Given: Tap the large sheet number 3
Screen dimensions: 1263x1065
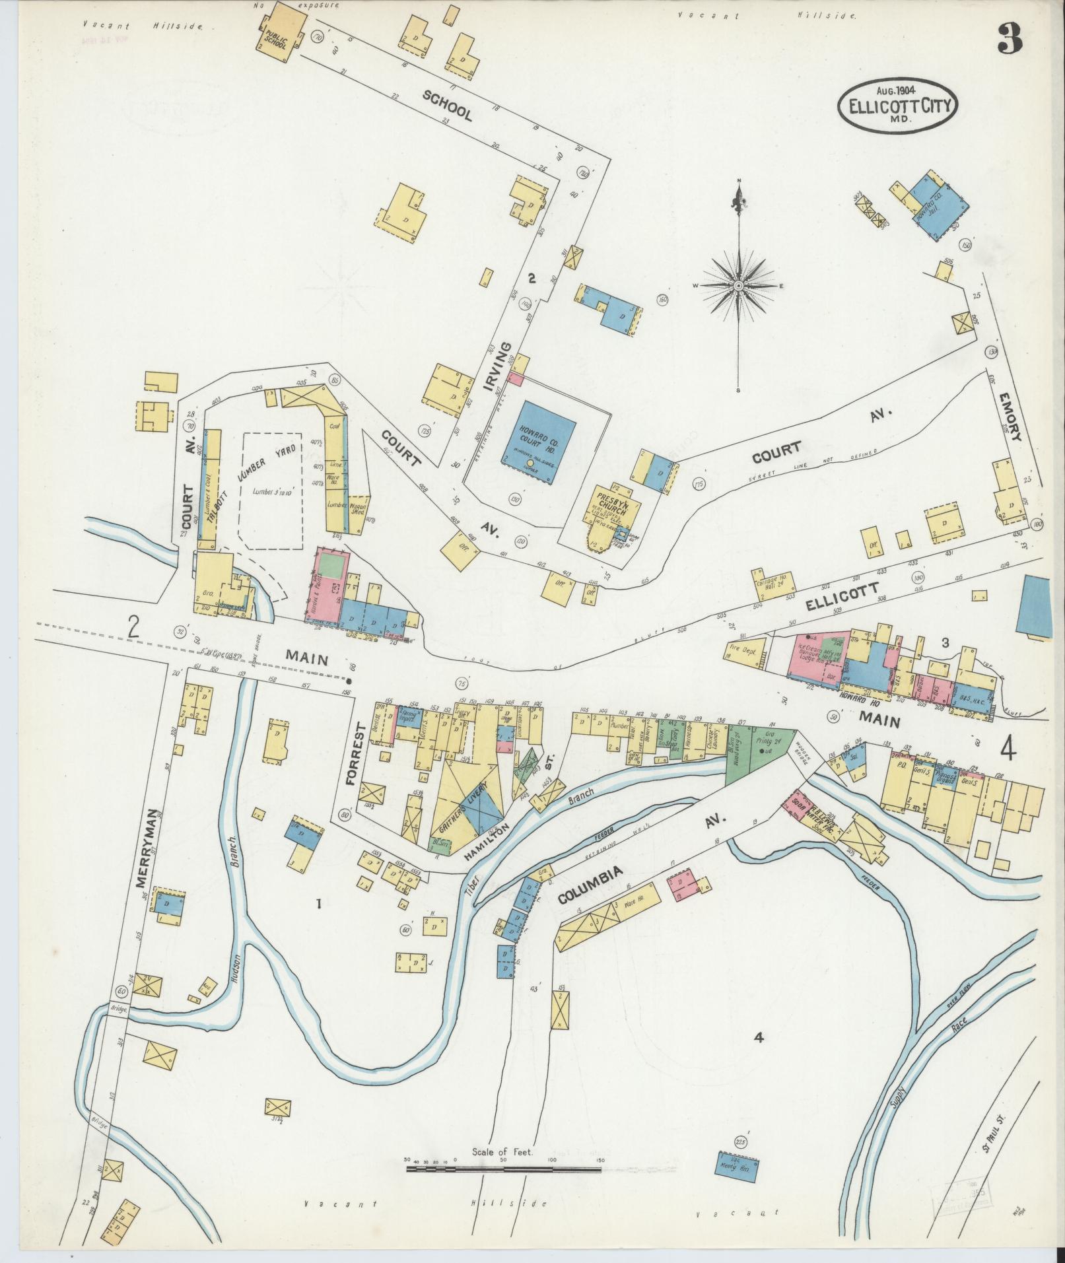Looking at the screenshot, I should pos(1010,40).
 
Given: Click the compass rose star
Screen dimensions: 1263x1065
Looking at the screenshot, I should pos(739,285).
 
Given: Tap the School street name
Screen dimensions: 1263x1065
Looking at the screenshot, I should pos(448,106).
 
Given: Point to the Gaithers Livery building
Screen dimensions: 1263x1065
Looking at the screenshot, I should pos(470,797).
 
